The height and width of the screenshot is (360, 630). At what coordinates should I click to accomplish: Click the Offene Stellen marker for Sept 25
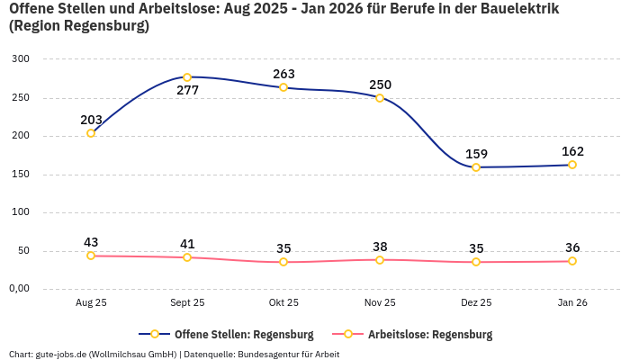click(187, 77)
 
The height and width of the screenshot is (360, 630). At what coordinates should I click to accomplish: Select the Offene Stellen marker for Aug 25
click(91, 133)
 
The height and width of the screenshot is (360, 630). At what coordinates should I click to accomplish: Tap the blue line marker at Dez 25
click(476, 167)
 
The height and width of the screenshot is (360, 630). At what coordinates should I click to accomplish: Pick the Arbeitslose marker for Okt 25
click(283, 262)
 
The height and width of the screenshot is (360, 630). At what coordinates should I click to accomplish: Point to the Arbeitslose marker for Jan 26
click(572, 261)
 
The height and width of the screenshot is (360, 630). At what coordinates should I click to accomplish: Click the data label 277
click(187, 91)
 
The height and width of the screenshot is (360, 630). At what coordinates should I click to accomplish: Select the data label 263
click(283, 74)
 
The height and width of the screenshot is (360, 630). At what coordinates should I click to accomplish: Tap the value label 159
click(476, 154)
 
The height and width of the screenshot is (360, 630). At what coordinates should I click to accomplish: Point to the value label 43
click(91, 242)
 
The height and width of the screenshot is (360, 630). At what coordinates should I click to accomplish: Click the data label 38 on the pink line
click(380, 247)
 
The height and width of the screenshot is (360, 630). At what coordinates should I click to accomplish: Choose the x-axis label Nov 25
click(380, 303)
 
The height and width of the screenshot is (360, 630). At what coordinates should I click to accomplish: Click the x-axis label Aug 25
click(91, 303)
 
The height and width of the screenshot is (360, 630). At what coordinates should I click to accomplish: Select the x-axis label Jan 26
click(572, 303)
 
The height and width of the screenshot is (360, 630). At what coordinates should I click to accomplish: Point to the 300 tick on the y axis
click(21, 59)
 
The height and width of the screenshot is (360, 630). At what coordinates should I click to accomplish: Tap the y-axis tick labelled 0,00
click(18, 289)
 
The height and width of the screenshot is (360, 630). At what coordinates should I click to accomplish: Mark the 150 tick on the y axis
click(21, 175)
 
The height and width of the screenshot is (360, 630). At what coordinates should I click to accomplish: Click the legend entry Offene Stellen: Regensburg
click(234, 334)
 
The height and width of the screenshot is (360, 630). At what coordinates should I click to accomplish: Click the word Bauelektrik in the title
click(517, 9)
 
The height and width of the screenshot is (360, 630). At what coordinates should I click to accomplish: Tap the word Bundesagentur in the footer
click(269, 354)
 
